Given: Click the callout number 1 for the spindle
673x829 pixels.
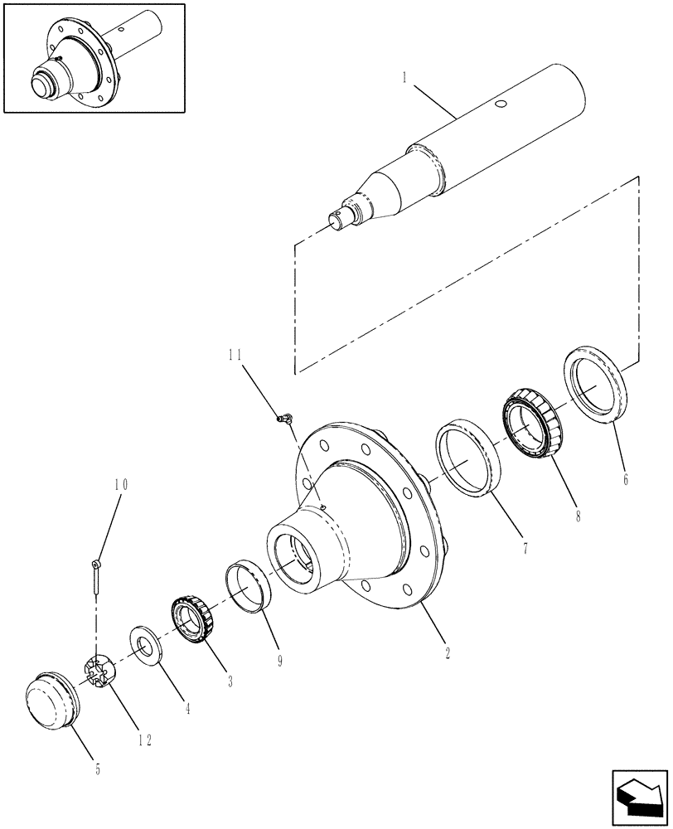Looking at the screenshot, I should tap(404, 80).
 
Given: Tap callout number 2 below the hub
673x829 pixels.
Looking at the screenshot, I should tap(447, 652).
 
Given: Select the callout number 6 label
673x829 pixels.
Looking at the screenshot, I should tap(625, 479).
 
